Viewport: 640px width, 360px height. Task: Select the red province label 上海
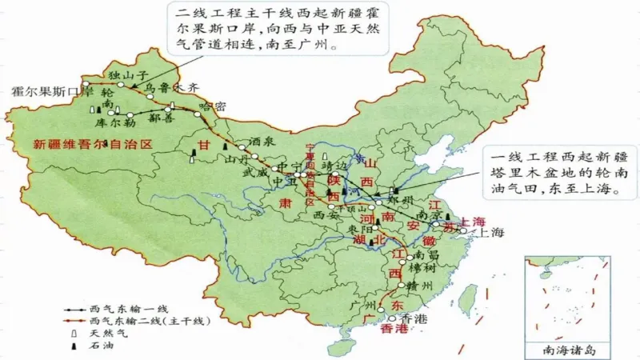pyautogui.click(x=473, y=221)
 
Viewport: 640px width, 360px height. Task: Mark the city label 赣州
pyautogui.click(x=418, y=286)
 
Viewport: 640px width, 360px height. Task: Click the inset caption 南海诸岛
pyautogui.click(x=564, y=350)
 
